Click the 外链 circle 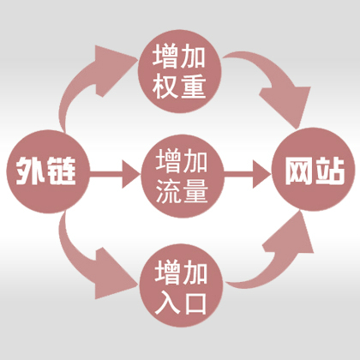[x=48, y=171]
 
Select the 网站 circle [x=313, y=170]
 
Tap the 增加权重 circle [x=180, y=71]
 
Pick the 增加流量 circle [x=183, y=177]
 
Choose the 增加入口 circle [x=181, y=285]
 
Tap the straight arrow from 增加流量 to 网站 [x=248, y=174]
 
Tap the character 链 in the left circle [x=61, y=171]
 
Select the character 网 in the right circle [x=299, y=171]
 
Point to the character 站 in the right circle [x=329, y=171]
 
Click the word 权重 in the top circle [x=179, y=87]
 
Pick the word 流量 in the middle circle [x=182, y=191]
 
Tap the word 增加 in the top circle [x=179, y=56]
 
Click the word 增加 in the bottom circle [x=181, y=272]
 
